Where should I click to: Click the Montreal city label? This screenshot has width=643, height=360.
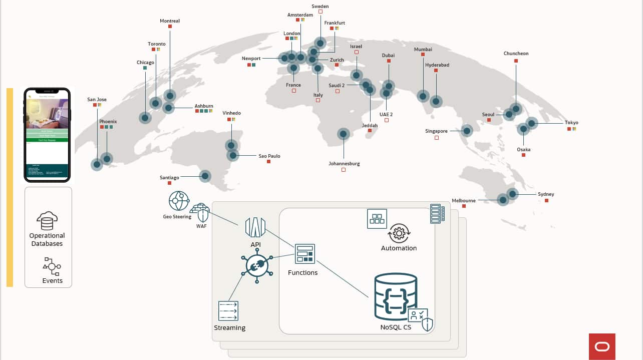tap(170, 21)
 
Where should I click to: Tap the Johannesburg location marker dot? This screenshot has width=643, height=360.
tap(344, 134)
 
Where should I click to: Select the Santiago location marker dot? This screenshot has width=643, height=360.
tap(205, 176)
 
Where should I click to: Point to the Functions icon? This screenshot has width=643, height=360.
tap(304, 254)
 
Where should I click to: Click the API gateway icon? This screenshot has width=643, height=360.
tap(255, 227)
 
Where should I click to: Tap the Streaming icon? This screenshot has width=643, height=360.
tap(228, 311)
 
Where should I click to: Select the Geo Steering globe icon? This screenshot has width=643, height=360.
tap(179, 201)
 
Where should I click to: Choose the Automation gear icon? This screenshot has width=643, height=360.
tap(399, 233)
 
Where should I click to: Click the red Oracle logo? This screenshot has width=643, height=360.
tap(602, 346)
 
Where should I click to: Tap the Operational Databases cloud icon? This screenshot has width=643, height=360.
tap(47, 220)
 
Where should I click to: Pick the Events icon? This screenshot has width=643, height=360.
tap(52, 266)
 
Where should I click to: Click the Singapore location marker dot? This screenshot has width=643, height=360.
tap(467, 131)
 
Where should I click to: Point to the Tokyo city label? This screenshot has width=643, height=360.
tap(571, 123)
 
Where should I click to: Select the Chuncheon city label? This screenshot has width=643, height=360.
tap(516, 54)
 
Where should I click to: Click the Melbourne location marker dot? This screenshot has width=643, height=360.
tap(503, 200)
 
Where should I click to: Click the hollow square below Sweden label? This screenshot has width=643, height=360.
tap(320, 12)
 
